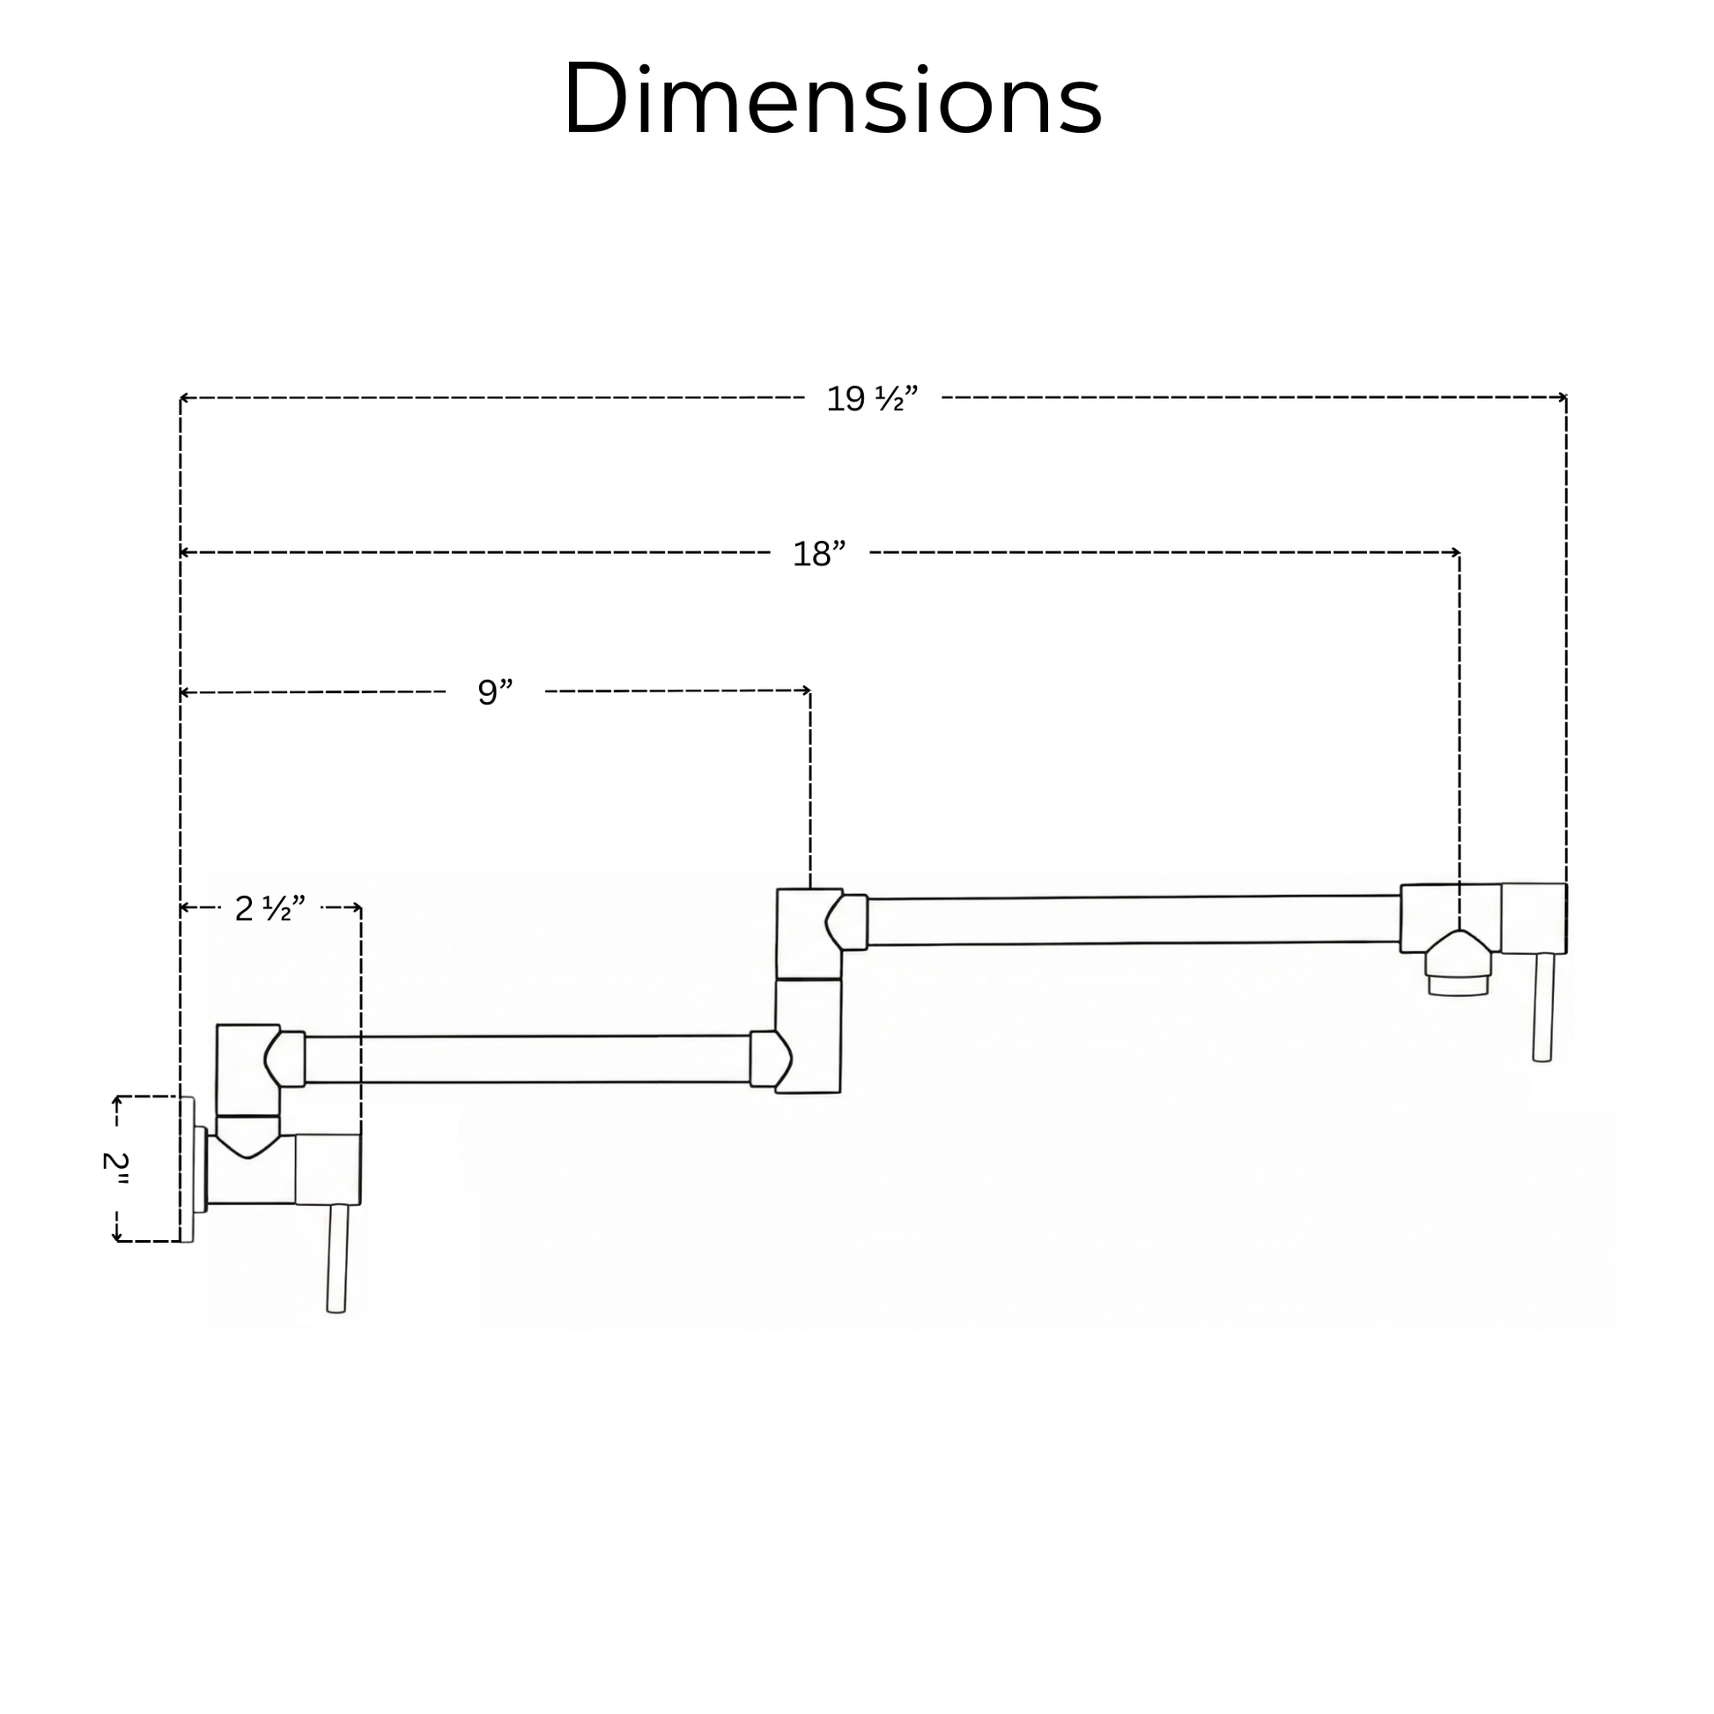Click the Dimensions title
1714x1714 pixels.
(x=832, y=99)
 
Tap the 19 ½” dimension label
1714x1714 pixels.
(x=872, y=399)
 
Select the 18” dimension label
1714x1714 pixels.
(x=819, y=555)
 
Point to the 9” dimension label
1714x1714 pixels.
(x=495, y=692)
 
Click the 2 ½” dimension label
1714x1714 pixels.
(x=270, y=908)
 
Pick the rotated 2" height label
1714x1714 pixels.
(x=115, y=1171)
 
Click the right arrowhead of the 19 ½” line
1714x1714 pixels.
(x=1563, y=397)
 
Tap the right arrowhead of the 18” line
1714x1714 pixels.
(x=1456, y=553)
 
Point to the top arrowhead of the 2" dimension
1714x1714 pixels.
(x=116, y=1101)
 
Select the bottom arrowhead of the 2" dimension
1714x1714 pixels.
(x=116, y=1237)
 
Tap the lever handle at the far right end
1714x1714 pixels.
(x=1543, y=1007)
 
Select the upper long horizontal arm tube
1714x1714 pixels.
(x=1134, y=921)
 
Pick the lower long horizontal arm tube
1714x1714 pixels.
(x=528, y=1060)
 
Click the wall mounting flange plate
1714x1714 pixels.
(x=188, y=1170)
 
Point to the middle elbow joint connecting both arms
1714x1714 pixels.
(x=809, y=990)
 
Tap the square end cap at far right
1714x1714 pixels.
(x=1534, y=918)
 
